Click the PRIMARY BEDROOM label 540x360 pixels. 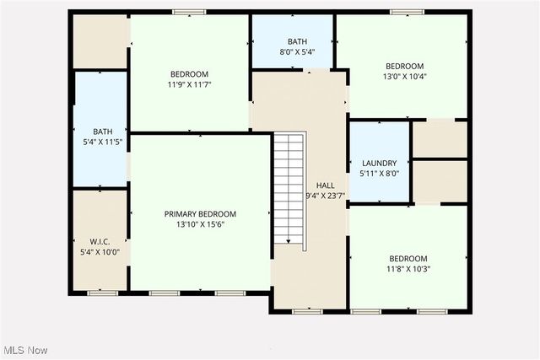click(x=200, y=214)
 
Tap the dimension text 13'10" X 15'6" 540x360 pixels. click(x=200, y=224)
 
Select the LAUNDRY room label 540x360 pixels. click(x=379, y=164)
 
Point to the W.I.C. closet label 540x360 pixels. click(x=100, y=241)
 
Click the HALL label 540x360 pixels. click(x=325, y=185)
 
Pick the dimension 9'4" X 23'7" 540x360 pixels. click(x=325, y=196)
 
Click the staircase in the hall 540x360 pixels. click(x=288, y=187)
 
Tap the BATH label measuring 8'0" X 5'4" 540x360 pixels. click(x=297, y=41)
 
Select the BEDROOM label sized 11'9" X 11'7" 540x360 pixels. click(x=189, y=74)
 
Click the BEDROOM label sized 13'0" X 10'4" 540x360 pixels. click(x=405, y=67)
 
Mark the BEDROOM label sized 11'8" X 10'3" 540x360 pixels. click(x=408, y=259)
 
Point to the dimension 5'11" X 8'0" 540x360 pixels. click(x=379, y=174)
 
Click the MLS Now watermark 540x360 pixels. click(x=24, y=350)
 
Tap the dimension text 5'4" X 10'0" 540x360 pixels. click(x=100, y=251)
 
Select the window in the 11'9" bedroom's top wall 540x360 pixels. click(x=189, y=12)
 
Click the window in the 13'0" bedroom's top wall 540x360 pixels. click(x=406, y=12)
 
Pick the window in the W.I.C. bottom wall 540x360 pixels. click(x=101, y=293)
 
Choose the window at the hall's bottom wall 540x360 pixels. click(x=307, y=312)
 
